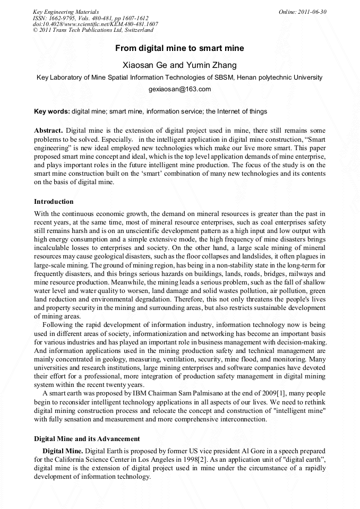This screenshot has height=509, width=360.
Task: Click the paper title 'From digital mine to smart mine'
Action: pyautogui.click(x=179, y=48)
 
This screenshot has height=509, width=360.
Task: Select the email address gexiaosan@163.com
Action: pyautogui.click(x=179, y=89)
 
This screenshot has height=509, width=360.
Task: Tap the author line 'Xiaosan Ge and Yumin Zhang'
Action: pyautogui.click(x=179, y=65)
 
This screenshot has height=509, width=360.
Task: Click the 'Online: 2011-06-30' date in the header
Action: pyautogui.click(x=303, y=12)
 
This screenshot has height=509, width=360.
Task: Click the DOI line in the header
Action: pyautogui.click(x=95, y=24)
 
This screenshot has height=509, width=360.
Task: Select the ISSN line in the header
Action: pyautogui.click(x=90, y=18)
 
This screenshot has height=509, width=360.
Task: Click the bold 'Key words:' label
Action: pyautogui.click(x=52, y=111)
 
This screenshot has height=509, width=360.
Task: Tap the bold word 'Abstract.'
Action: pyautogui.click(x=49, y=130)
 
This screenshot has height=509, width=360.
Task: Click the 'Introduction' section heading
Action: pyautogui.click(x=54, y=202)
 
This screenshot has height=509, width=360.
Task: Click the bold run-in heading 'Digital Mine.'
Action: pyautogui.click(x=62, y=451)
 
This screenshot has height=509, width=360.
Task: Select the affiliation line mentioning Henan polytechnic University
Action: pyautogui.click(x=179, y=77)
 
